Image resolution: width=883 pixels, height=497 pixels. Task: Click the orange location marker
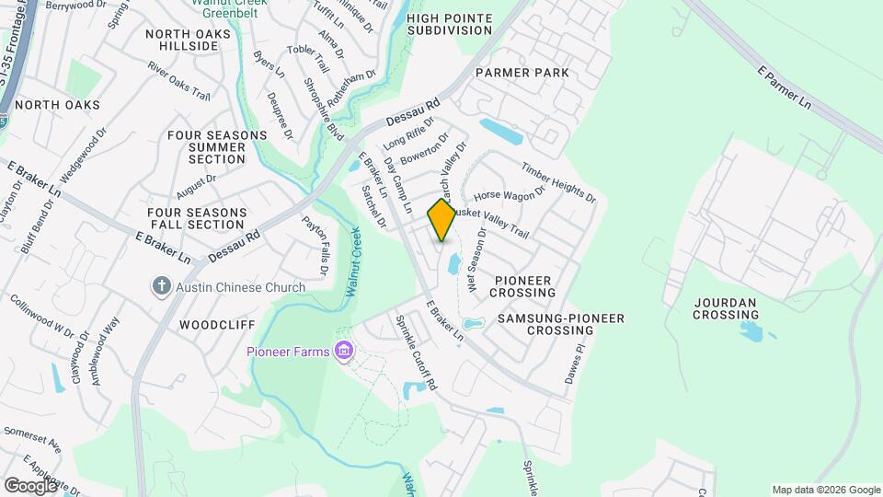[441, 220]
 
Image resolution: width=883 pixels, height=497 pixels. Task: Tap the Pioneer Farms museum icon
[345, 351]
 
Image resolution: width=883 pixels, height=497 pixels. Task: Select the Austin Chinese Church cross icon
[162, 287]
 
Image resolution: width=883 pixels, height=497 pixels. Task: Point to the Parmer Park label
[522, 72]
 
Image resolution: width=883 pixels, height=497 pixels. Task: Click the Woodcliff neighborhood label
[215, 325]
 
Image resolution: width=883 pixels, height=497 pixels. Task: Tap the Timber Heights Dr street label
[558, 182]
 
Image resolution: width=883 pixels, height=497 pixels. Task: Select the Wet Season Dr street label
[475, 260]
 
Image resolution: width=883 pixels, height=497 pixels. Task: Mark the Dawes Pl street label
[574, 364]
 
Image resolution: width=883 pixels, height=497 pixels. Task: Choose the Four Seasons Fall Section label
[196, 218]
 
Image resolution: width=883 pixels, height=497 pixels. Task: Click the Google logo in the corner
[30, 485]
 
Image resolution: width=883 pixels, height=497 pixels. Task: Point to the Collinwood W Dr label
[42, 314]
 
